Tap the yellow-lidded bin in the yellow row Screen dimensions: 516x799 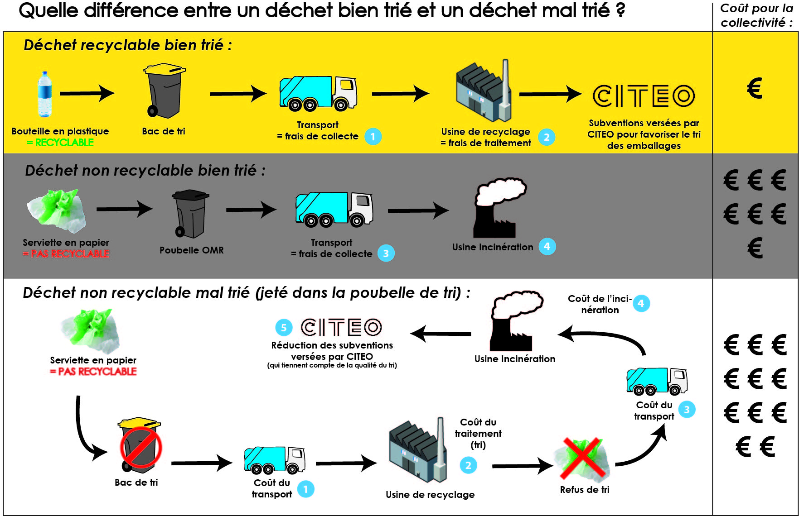click(164, 91)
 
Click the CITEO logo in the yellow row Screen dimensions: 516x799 click(644, 96)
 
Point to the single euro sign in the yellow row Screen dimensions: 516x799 click(755, 88)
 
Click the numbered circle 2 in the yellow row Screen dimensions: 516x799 click(547, 137)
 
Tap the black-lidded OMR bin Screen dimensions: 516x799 click(190, 213)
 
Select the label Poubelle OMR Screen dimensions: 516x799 click(191, 250)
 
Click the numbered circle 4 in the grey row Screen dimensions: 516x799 click(547, 247)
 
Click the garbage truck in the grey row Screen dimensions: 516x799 click(334, 209)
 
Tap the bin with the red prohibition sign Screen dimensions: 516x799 click(140, 446)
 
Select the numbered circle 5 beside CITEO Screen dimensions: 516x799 click(284, 328)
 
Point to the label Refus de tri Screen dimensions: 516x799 click(585, 490)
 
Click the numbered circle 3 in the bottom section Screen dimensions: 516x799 click(687, 410)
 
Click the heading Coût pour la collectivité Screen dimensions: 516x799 click(756, 15)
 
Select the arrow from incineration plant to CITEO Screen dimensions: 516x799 click(441, 334)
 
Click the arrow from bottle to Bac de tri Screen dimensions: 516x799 click(87, 93)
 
